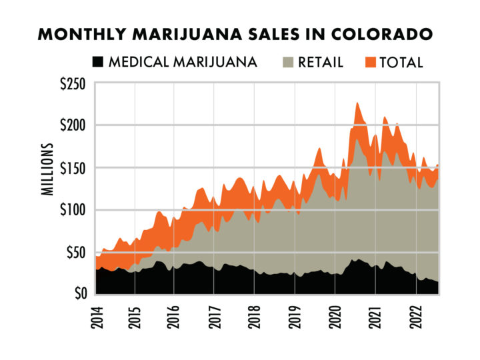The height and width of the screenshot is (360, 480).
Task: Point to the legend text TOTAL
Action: [401, 63]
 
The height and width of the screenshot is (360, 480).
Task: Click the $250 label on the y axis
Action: [73, 83]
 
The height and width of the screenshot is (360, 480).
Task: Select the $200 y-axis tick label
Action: [73, 125]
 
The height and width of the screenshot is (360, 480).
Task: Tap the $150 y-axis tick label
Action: [73, 167]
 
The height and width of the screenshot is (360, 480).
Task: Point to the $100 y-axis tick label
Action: [73, 210]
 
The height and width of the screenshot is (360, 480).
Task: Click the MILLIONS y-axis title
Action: [49, 169]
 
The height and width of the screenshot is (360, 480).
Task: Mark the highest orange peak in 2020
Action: [357, 103]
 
